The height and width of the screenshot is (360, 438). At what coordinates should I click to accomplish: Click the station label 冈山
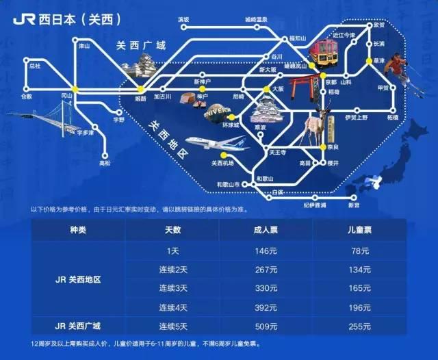(x=66, y=97)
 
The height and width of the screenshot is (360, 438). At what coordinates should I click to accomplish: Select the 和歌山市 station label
(x=228, y=185)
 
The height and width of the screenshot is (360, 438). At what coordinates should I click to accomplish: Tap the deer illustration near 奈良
(x=315, y=131)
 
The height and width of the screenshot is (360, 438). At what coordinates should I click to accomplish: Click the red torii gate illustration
(x=300, y=87)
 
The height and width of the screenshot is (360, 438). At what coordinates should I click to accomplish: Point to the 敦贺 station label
(x=379, y=24)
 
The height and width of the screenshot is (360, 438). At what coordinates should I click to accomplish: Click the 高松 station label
(x=104, y=164)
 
